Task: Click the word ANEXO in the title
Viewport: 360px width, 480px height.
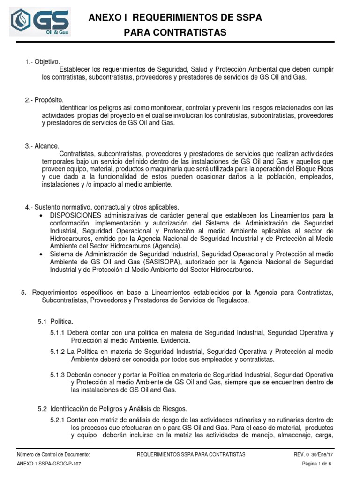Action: [x=105, y=18]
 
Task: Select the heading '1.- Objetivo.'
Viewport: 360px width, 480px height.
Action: [x=43, y=62]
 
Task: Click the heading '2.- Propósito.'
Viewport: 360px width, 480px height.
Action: [x=44, y=100]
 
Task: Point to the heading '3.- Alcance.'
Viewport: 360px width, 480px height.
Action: [x=43, y=146]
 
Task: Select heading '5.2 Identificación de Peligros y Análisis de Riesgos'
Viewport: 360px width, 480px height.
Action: [x=112, y=409]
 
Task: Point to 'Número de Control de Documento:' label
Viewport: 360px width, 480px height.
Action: [x=53, y=455]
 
